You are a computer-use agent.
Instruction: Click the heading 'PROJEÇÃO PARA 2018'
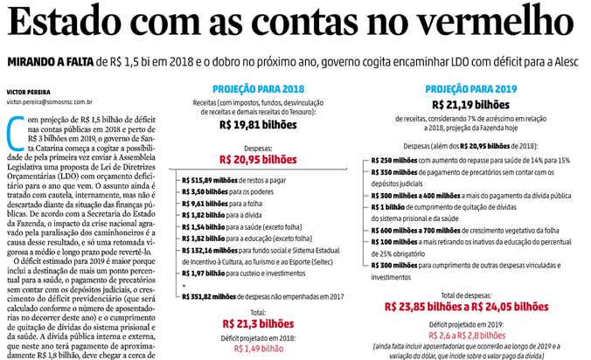pos(258,89)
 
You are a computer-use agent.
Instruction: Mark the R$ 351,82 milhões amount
pos(210,295)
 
